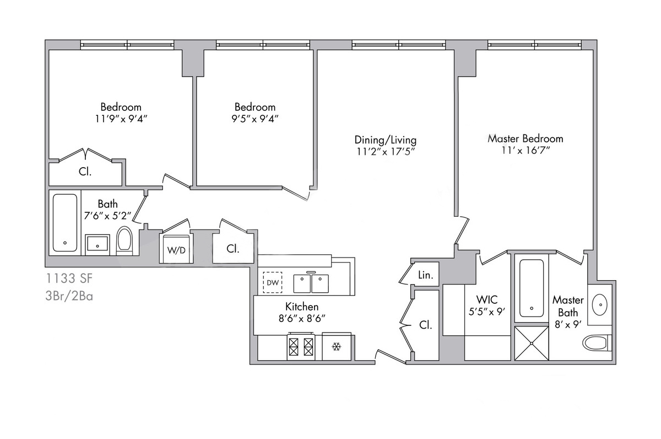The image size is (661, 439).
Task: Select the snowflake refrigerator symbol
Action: (336, 347)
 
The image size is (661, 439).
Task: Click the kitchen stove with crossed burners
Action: (301, 347)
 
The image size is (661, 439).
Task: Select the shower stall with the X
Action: (532, 343)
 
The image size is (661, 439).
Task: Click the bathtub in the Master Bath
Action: (532, 287)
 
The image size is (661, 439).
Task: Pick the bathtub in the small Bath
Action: (66, 223)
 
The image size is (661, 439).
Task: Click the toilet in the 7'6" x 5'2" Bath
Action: (125, 241)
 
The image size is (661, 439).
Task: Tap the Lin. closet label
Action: (425, 275)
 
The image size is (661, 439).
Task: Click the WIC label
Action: (486, 300)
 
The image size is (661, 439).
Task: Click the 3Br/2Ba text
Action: (69, 296)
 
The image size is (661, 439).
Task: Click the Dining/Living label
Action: (385, 140)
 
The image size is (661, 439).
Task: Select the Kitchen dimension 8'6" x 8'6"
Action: (301, 318)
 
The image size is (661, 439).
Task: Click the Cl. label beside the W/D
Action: (233, 249)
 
